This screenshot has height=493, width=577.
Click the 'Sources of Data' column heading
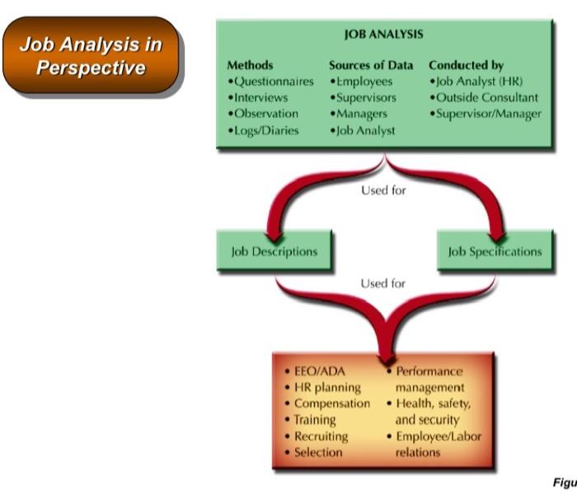click(372, 64)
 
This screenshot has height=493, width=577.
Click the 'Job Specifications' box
click(495, 251)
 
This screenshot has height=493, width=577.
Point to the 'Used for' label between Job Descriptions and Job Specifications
click(382, 284)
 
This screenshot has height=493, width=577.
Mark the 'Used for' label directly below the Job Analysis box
click(382, 189)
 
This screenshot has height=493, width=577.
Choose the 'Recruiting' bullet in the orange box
click(321, 435)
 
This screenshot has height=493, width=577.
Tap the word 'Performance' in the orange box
click(428, 372)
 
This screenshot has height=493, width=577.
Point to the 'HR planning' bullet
click(328, 387)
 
